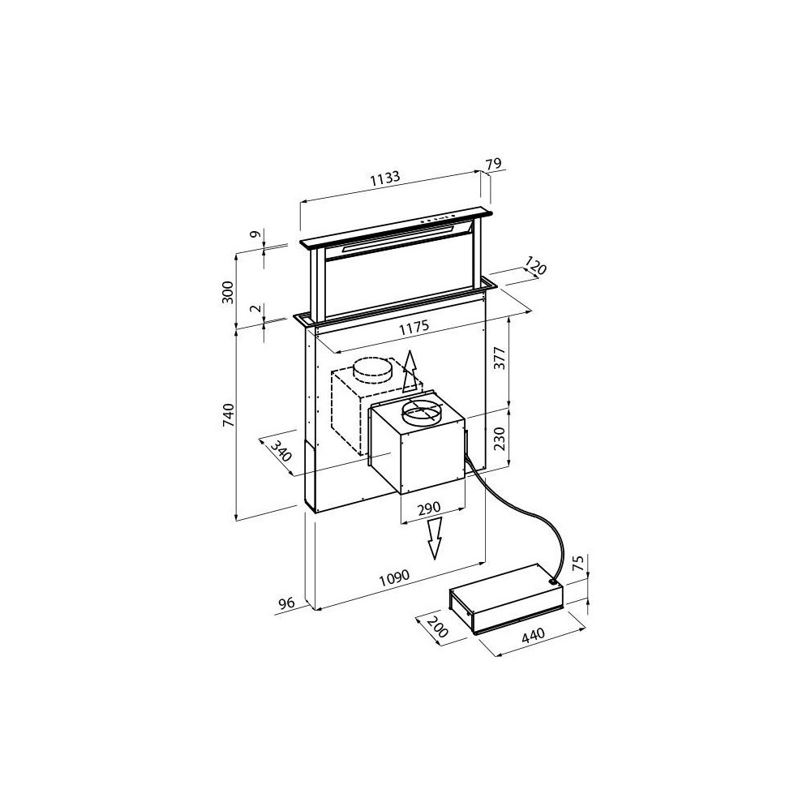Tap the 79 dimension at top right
(x=493, y=165)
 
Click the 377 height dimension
(x=500, y=358)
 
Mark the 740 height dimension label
(x=230, y=414)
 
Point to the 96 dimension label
(x=285, y=603)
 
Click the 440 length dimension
(x=533, y=637)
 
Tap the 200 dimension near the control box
(x=436, y=627)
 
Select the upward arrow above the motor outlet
(x=410, y=373)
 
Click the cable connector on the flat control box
(x=552, y=581)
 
